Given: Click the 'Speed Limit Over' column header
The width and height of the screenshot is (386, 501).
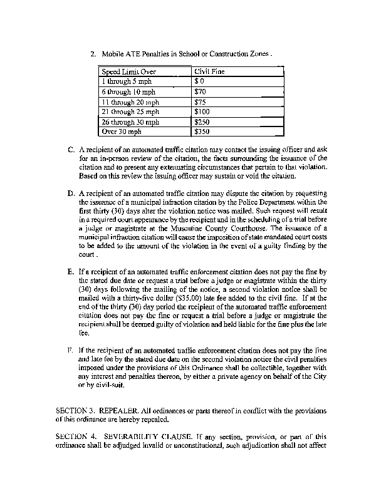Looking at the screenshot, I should pos(128,71).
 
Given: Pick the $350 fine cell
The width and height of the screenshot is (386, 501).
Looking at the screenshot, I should pos(202,132).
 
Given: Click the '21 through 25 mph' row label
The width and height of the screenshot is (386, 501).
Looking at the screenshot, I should pos(130,112).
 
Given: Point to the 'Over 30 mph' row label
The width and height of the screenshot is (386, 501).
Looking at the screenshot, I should pos(122,132).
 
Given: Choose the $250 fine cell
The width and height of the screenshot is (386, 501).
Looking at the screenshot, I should pos(202,122).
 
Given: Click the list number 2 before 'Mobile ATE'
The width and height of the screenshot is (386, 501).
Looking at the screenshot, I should pos(93,54).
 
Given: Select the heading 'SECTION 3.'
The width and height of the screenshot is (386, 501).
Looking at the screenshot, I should pos(76,410).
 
